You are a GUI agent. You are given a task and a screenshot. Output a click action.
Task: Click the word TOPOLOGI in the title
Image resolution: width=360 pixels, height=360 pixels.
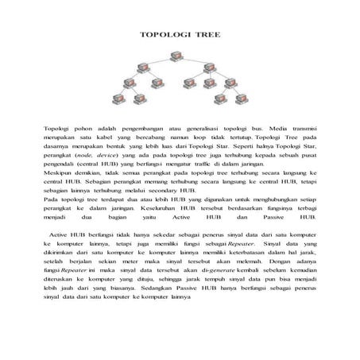tap(164, 36)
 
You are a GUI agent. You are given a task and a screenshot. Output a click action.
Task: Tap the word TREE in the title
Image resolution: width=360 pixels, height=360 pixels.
tap(204, 36)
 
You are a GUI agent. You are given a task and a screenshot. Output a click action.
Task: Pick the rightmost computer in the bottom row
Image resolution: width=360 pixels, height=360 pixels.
tap(242, 100)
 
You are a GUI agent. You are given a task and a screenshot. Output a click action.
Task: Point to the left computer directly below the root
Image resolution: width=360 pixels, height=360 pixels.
tap(147, 68)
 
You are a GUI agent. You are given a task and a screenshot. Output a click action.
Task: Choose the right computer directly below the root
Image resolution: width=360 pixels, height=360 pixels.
tap(210, 68)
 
